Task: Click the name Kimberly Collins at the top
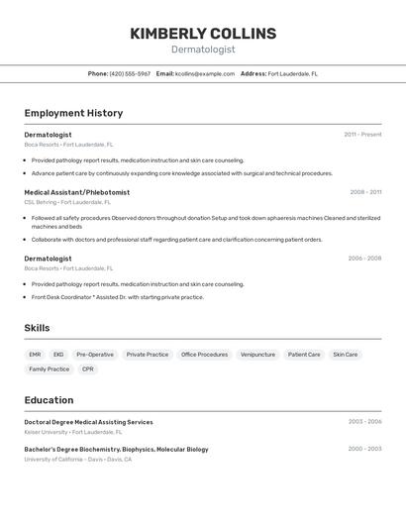[203, 34]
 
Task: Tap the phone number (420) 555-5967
[130, 73]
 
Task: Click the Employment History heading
[73, 113]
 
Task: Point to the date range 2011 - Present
[362, 135]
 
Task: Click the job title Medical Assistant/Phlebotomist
[76, 192]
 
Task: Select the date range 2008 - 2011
[365, 192]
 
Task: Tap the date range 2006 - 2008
[364, 259]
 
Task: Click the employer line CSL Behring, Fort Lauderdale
[69, 202]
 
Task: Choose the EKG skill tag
[58, 354]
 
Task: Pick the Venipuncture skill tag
[257, 354]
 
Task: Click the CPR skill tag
[88, 368]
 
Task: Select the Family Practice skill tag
[50, 368]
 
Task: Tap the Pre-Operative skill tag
[95, 354]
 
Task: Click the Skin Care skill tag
[345, 354]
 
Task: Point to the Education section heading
[49, 400]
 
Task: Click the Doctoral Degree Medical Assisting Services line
[88, 422]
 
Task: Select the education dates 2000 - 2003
[364, 449]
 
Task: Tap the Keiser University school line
[73, 432]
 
